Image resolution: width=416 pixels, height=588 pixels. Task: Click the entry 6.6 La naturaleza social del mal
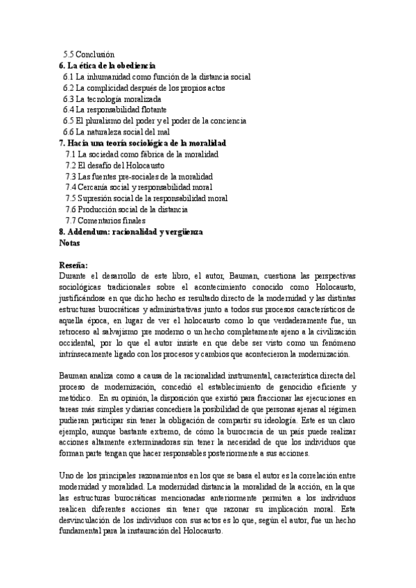[x=125, y=132]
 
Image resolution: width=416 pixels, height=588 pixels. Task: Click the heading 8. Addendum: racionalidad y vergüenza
[x=130, y=232]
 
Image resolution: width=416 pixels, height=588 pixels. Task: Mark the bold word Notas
[x=70, y=243]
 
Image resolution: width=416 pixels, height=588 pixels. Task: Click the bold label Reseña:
[x=73, y=265]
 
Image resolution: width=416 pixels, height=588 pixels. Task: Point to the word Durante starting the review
[x=75, y=276]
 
